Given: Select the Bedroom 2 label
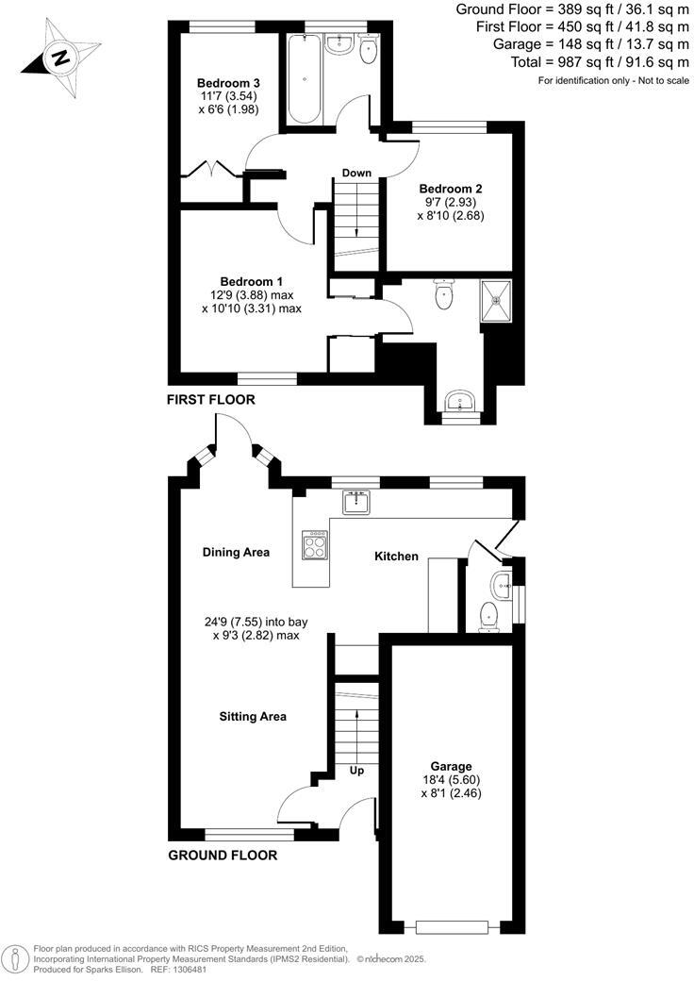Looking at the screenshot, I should coord(451,188).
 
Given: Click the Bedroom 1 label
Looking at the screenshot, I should coord(251,281).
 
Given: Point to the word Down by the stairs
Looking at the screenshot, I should coord(356,173).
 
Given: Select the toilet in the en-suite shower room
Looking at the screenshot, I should coord(443,296).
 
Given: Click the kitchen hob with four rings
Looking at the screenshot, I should coord(315,545).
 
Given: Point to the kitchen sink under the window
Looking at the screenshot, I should coord(356,503).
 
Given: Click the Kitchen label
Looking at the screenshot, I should coord(396,557).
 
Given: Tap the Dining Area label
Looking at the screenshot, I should coord(237,552).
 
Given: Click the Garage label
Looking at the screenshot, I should coord(452,766).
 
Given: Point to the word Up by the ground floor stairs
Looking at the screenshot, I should coord(356,771).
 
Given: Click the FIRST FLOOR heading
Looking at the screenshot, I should coord(210,400).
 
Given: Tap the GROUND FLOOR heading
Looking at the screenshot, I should coord(222,856).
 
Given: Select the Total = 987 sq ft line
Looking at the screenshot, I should coord(573,62).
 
